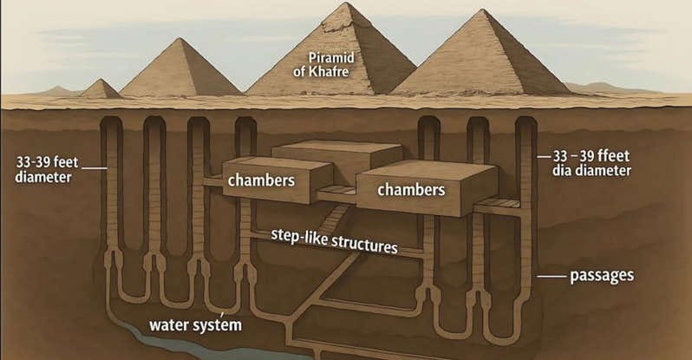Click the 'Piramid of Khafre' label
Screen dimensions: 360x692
click(323, 62)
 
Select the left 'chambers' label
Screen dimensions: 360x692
click(260, 180)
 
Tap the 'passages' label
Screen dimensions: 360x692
click(600, 276)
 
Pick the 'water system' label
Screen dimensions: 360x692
click(195, 326)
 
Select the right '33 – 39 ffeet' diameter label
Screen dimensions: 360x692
click(592, 163)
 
